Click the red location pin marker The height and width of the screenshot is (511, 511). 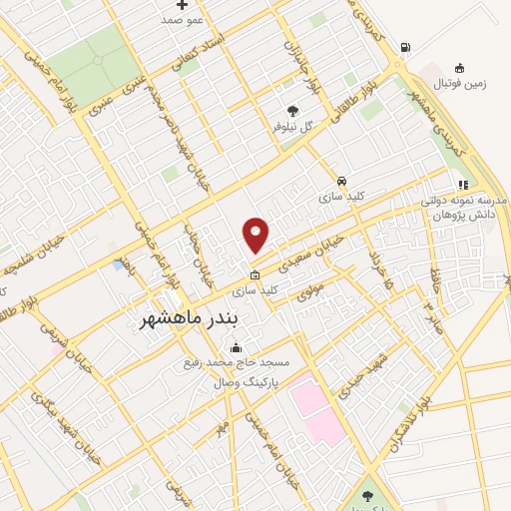(x=256, y=235)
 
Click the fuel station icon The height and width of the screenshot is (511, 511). (x=403, y=47)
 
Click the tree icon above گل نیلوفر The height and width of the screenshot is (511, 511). (x=292, y=111)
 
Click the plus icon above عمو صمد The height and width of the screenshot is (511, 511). (x=182, y=5)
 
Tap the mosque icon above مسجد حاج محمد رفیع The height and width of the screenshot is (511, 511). (x=235, y=348)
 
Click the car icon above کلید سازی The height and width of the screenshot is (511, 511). (x=342, y=181)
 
